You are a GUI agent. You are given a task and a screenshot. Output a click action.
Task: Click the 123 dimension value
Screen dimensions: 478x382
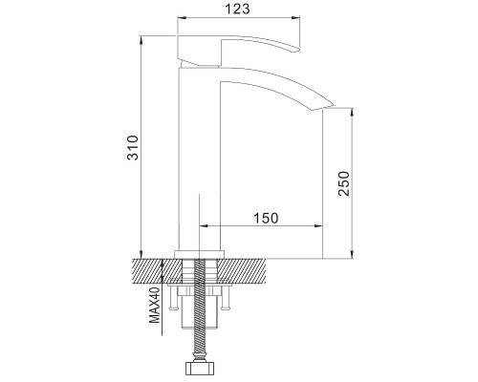coord(237,9)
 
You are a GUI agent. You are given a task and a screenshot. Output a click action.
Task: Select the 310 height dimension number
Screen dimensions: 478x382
coord(133,148)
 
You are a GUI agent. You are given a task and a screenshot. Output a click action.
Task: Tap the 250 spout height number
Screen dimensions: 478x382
coord(344,183)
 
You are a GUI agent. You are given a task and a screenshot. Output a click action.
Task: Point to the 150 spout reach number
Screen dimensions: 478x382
coord(266,218)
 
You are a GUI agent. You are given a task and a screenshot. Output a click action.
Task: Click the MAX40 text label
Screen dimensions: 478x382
coord(155,305)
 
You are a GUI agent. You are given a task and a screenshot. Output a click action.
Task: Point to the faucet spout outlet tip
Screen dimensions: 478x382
coord(321,107)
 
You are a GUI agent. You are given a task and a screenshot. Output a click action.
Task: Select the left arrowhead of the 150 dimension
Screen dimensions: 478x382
coord(204,226)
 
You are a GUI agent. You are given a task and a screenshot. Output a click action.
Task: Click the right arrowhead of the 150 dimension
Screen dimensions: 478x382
coord(318,226)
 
